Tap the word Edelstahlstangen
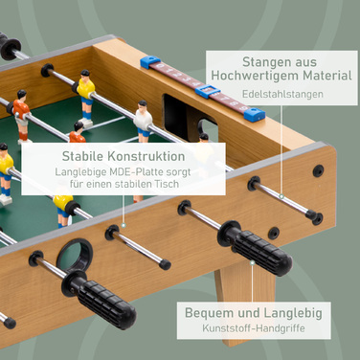click(282, 94)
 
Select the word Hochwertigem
click(256, 76)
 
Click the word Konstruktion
click(146, 156)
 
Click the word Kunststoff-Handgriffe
click(254, 328)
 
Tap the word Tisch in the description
click(167, 184)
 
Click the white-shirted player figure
click(143, 121)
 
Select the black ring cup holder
click(75, 254)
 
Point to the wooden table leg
click(245, 300)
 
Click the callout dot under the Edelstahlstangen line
click(281, 196)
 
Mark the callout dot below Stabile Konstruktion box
click(124, 225)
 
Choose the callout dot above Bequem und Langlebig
click(253, 263)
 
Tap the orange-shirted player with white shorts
click(21, 116)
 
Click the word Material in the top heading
click(327, 76)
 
